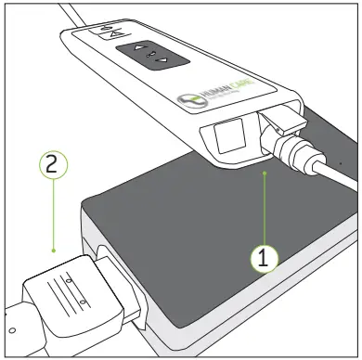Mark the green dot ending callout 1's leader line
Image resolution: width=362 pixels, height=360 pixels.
266,173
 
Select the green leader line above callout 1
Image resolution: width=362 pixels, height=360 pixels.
266,209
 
